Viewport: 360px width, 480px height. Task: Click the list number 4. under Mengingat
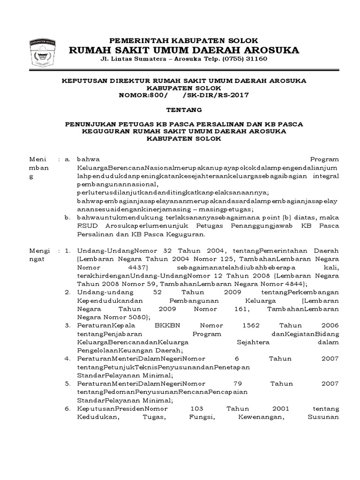(68, 359)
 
